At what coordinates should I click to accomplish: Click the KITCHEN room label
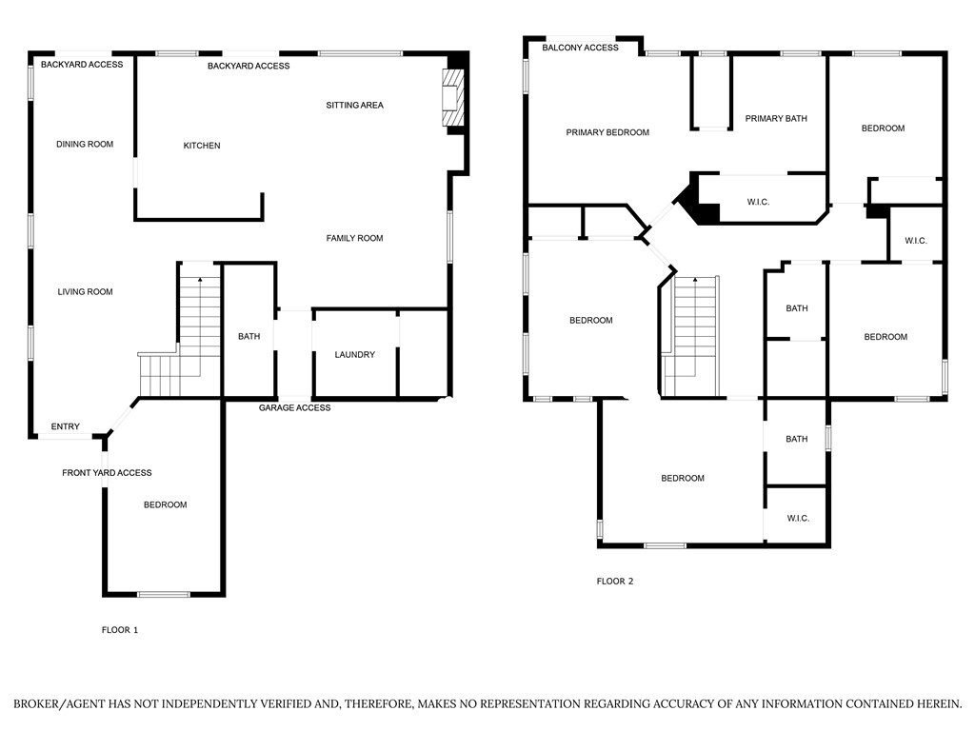pos(202,146)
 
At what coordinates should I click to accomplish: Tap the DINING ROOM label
pos(85,145)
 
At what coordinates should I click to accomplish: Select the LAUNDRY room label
pos(354,355)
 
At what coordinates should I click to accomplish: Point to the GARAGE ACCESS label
pos(295,408)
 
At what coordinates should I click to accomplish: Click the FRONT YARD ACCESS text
pos(107,473)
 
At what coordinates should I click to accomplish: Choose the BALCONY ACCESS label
pos(580,48)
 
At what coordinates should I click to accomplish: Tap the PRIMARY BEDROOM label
pos(607,132)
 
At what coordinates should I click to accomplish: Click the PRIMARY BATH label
pos(776,119)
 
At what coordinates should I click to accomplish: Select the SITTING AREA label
pos(354,106)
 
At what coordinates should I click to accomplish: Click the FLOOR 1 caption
pos(120,630)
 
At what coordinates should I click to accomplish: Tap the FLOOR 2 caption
pos(615,582)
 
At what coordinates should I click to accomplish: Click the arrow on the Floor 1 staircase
pos(200,280)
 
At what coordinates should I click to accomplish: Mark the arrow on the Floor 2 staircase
pos(694,281)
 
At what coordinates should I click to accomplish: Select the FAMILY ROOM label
pos(354,238)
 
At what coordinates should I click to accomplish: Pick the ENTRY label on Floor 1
pos(66,426)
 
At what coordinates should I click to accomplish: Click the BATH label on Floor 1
pos(249,337)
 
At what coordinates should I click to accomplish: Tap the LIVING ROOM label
pos(85,292)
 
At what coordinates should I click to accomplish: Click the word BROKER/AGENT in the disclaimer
pos(58,704)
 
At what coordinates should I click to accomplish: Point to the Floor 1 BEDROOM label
pos(165,505)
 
